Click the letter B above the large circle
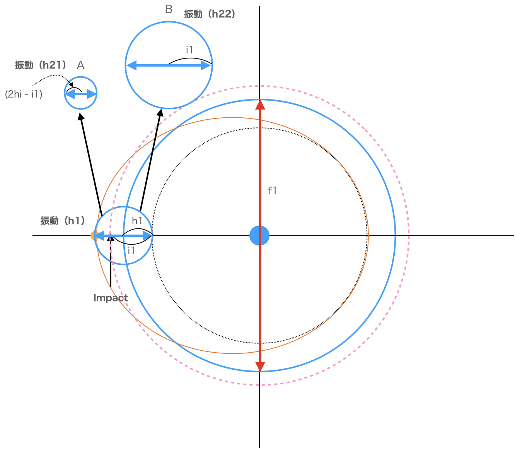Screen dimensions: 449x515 pos(169,9)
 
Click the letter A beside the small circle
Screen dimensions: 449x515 pos(80,65)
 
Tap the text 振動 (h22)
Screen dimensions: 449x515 pos(210,14)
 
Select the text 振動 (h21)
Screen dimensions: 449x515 pos(41,65)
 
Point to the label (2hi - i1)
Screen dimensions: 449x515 pos(24,94)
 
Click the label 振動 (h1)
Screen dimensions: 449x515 pos(63,221)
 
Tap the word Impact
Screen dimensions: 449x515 pos(111,298)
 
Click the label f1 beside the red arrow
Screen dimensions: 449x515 pos(272,190)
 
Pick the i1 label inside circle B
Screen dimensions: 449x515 pos(189,50)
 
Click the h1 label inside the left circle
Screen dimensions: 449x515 pos(137,221)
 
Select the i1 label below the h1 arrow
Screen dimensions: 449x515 pos(131,250)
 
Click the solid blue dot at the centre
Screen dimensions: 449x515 pos(259,235)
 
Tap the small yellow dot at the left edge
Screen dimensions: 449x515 pos(93,235)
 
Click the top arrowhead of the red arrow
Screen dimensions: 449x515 pos(260,105)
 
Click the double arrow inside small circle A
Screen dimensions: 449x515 pos(80,94)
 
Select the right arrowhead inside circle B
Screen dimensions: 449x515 pos(206,65)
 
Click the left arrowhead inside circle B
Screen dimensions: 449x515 pos(131,65)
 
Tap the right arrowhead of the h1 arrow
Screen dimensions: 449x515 pos(147,236)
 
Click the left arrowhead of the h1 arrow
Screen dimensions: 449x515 pos(99,236)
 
